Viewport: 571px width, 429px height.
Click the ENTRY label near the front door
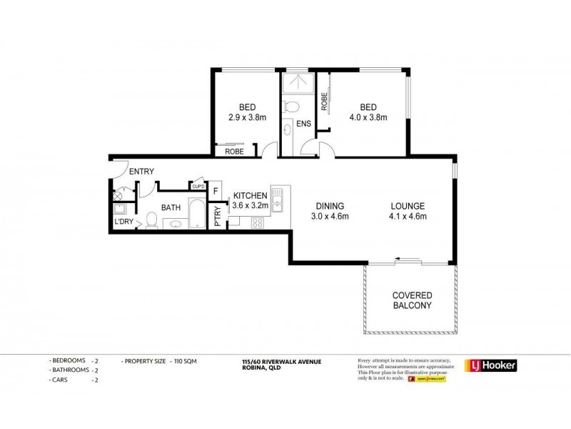tap(142, 171)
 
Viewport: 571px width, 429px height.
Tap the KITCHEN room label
tap(250, 194)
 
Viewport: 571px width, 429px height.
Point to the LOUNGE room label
tap(408, 203)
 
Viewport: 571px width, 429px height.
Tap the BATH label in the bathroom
tap(170, 207)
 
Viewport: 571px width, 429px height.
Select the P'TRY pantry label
tap(218, 217)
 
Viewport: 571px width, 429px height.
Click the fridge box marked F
tap(216, 191)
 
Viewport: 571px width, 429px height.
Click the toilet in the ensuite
tap(290, 107)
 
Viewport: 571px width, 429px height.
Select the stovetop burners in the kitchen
tap(256, 223)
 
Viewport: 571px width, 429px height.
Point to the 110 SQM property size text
tap(184, 362)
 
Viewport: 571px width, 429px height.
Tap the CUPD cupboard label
tap(198, 187)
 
